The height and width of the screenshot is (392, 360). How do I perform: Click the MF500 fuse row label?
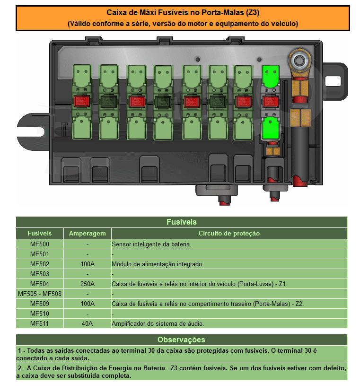point(39,244)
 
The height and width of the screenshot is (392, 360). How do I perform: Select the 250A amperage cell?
point(88,284)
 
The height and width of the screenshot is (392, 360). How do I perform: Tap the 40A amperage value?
point(88,324)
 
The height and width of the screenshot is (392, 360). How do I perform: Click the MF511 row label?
point(39,324)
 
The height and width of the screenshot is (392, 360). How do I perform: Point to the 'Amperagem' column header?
point(88,234)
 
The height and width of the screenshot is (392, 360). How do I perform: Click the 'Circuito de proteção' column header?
point(229,234)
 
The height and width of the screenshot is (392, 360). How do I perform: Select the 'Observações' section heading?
point(181,340)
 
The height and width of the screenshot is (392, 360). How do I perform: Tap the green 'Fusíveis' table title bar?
point(181,222)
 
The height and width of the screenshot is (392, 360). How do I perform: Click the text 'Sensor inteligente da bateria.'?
point(151,244)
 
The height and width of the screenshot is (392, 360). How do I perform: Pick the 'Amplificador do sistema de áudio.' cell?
point(158,324)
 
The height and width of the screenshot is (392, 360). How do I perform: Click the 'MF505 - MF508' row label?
point(39,294)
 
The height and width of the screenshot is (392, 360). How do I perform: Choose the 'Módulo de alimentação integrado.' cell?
point(158,264)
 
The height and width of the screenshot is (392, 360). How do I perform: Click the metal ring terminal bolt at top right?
point(299,60)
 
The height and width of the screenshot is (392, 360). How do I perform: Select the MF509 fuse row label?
point(39,304)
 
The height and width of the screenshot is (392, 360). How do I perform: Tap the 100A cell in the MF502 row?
point(88,264)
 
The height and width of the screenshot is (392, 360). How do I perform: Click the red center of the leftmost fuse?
point(81,101)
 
